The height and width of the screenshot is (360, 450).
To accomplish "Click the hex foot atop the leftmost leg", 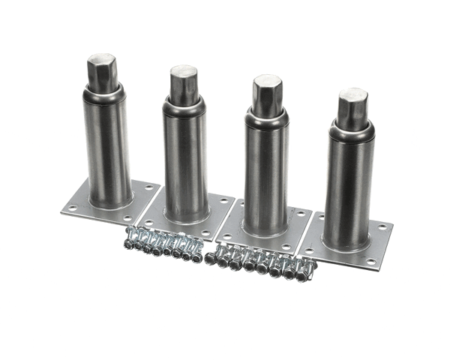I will click(101, 72).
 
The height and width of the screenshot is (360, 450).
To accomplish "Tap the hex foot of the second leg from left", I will click(182, 84).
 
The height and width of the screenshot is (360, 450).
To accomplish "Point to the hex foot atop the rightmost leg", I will click(352, 108).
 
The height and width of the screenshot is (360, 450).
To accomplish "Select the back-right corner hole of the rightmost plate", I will click(383, 226).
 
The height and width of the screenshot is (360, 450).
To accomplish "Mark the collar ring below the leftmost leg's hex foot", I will click(103, 93).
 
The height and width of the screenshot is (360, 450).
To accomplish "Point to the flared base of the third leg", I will click(264, 229).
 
